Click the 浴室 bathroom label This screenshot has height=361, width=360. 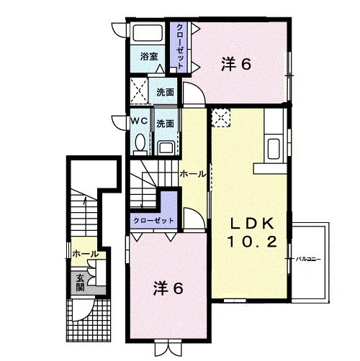[x=149, y=57]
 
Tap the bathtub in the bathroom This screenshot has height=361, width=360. [x=148, y=33]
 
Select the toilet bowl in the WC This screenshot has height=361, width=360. [x=140, y=143]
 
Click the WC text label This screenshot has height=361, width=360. [x=139, y=121]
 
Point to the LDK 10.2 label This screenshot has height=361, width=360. [x=252, y=232]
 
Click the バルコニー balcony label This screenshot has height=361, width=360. [x=308, y=259]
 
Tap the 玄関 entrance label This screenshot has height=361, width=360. [x=80, y=283]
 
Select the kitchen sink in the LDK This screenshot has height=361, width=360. [x=274, y=149]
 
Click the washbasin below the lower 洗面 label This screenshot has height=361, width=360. [x=166, y=148]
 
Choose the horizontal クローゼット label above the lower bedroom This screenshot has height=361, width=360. [x=153, y=220]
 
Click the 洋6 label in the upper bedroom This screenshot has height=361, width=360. [x=236, y=64]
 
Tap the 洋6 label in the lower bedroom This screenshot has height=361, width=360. [x=168, y=288]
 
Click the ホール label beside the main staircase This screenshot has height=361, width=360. [x=193, y=174]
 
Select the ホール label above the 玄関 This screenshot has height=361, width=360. [x=85, y=254]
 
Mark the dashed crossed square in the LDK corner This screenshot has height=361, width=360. [x=220, y=117]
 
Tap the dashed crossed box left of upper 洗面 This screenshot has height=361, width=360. [x=139, y=91]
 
